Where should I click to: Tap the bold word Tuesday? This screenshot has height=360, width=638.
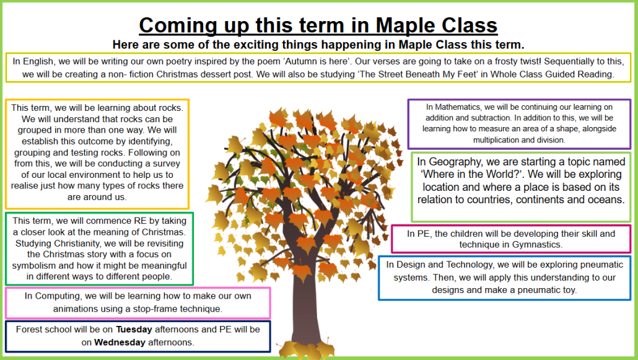coord(134,329)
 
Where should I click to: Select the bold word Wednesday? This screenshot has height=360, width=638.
coord(120,343)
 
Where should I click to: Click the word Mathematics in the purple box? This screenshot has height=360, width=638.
coord(458,107)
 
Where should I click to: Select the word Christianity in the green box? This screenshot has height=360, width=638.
coord(78,244)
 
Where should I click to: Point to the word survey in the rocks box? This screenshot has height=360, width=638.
coord(166,164)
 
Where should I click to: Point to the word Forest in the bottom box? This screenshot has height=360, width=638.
coord(28,330)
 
